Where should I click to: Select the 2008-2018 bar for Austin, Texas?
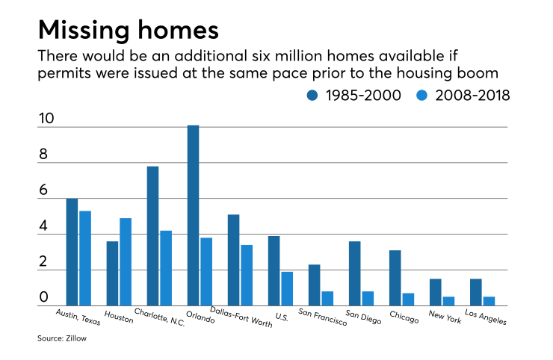pyautogui.click(x=85, y=258)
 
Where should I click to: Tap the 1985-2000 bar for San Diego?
pyautogui.click(x=354, y=273)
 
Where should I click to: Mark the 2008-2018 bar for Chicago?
pyautogui.click(x=408, y=299)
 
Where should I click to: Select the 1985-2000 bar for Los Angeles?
pyautogui.click(x=475, y=292)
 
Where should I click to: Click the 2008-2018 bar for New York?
pyautogui.click(x=448, y=301)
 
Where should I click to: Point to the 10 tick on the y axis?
pyautogui.click(x=46, y=119)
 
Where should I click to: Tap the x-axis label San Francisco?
pyautogui.click(x=322, y=317)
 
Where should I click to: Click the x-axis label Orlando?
pyautogui.click(x=200, y=317)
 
